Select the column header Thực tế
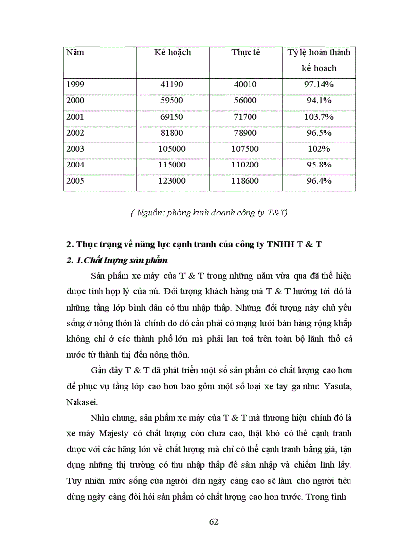(x=246, y=52)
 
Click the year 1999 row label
(x=75, y=84)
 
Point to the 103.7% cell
(x=319, y=117)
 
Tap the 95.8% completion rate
(x=319, y=165)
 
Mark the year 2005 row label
(x=75, y=181)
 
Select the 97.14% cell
(x=319, y=84)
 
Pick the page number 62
(x=213, y=521)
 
